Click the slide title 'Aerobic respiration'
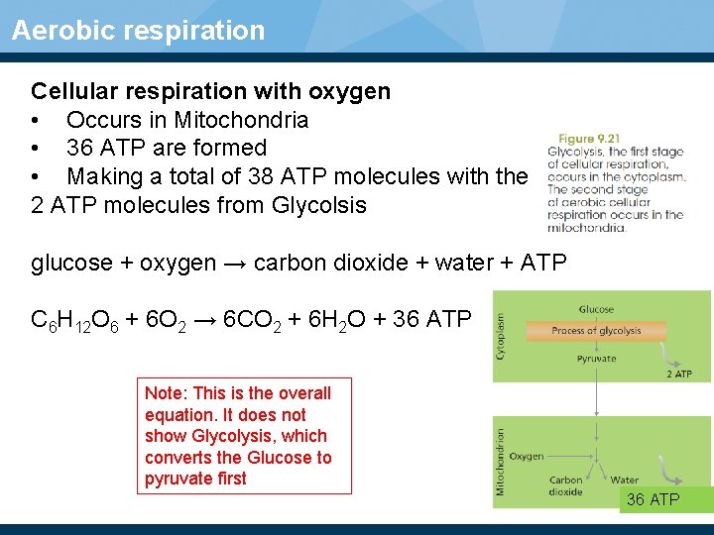pyautogui.click(x=138, y=30)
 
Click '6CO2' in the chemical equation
pyautogui.click(x=246, y=321)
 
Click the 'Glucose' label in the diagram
pyautogui.click(x=596, y=309)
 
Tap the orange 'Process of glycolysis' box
pyautogui.click(x=596, y=331)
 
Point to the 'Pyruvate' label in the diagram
pyautogui.click(x=596, y=358)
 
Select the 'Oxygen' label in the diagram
pyautogui.click(x=527, y=456)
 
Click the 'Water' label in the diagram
pyautogui.click(x=625, y=481)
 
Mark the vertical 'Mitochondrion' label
pyautogui.click(x=501, y=461)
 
